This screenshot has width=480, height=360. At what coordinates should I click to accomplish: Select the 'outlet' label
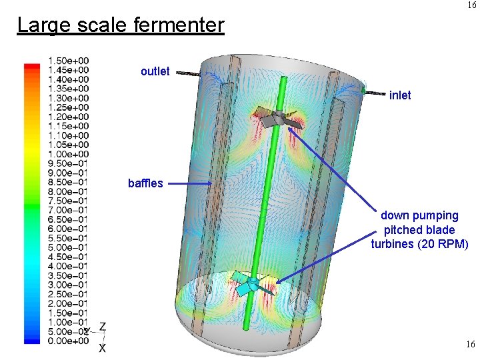(155, 71)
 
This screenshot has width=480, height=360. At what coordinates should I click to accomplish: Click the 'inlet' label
(400, 95)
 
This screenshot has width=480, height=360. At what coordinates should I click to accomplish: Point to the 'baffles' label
(145, 183)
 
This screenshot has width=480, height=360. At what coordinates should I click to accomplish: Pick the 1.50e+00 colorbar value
(68, 61)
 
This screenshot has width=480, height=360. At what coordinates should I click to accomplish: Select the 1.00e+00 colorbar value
(68, 154)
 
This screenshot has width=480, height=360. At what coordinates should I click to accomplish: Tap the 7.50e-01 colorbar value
(67, 201)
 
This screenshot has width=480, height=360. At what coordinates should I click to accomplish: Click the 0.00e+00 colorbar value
(68, 341)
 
